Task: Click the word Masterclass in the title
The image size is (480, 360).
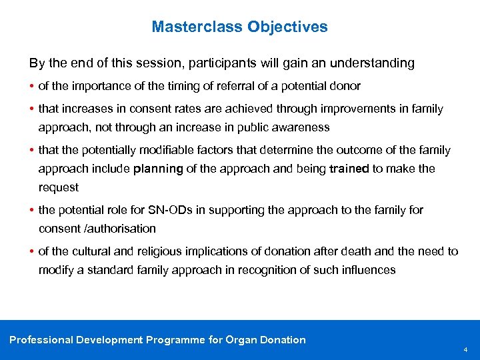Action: (197, 27)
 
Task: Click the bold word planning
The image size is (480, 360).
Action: (158, 169)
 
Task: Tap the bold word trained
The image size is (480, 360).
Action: (349, 169)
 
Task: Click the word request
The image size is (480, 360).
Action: (59, 187)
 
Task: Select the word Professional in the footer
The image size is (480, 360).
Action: (41, 340)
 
